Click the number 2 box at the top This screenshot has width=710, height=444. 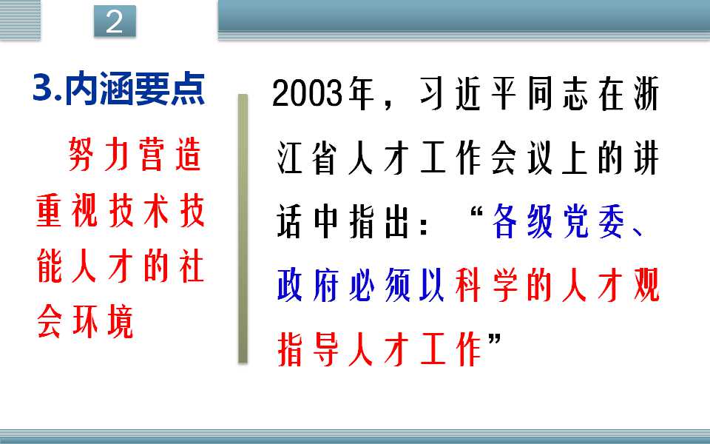tap(115, 21)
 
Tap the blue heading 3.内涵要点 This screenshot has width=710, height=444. tap(119, 89)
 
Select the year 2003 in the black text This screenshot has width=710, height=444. tap(307, 93)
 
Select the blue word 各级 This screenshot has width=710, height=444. tap(523, 222)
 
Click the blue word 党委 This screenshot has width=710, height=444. tap(594, 222)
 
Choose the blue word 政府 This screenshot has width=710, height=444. tap(308, 286)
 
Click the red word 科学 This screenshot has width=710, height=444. tap(487, 286)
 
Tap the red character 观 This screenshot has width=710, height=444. tap(646, 286)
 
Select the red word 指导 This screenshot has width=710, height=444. tap(308, 349)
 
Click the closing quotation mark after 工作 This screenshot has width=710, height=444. tap(495, 340)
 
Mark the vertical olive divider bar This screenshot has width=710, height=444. tap(243, 229)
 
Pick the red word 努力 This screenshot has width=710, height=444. tap(98, 154)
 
